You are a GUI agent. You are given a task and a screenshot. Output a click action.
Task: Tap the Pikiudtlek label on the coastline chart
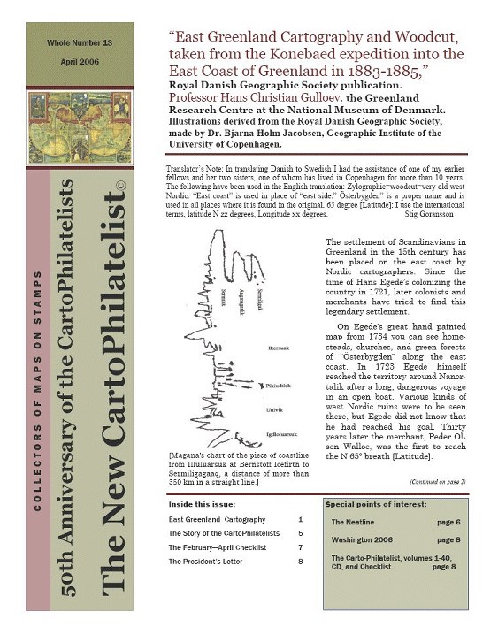coord(280,386)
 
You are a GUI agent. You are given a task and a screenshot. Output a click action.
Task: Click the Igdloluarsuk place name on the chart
coord(282,436)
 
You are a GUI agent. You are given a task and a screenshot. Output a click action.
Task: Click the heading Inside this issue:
coord(204,505)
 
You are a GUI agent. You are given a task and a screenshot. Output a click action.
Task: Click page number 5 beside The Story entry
coord(301,534)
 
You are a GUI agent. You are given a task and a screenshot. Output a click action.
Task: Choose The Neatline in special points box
coord(353,524)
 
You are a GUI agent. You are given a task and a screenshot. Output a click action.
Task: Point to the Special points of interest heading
coord(374,505)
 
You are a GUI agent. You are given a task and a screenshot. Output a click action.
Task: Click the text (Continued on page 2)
coord(439,482)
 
